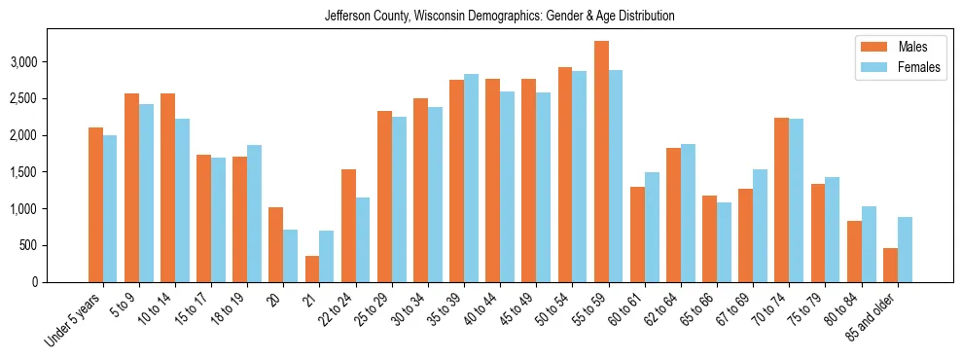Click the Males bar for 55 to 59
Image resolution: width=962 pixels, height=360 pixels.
pyautogui.click(x=601, y=162)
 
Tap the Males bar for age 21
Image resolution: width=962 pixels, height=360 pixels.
pyautogui.click(x=312, y=269)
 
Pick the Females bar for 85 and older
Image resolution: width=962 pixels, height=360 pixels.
pyautogui.click(x=905, y=249)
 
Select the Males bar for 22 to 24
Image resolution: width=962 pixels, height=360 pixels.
pyautogui.click(x=348, y=226)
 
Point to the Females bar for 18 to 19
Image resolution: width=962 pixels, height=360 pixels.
pyautogui.click(x=254, y=213)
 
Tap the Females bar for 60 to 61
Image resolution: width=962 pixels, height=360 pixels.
pyautogui.click(x=652, y=227)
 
